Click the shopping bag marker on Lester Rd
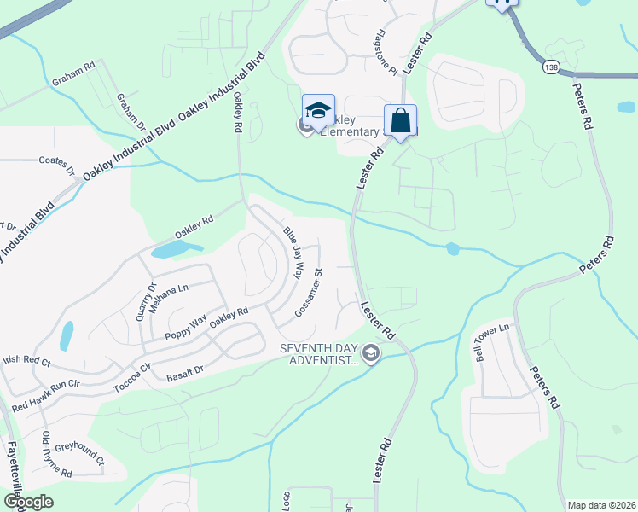(x=400, y=121)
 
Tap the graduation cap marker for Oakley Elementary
(x=318, y=112)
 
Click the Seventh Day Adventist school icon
(x=370, y=352)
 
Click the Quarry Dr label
(x=154, y=299)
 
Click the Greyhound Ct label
(x=79, y=453)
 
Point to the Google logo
(x=28, y=501)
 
